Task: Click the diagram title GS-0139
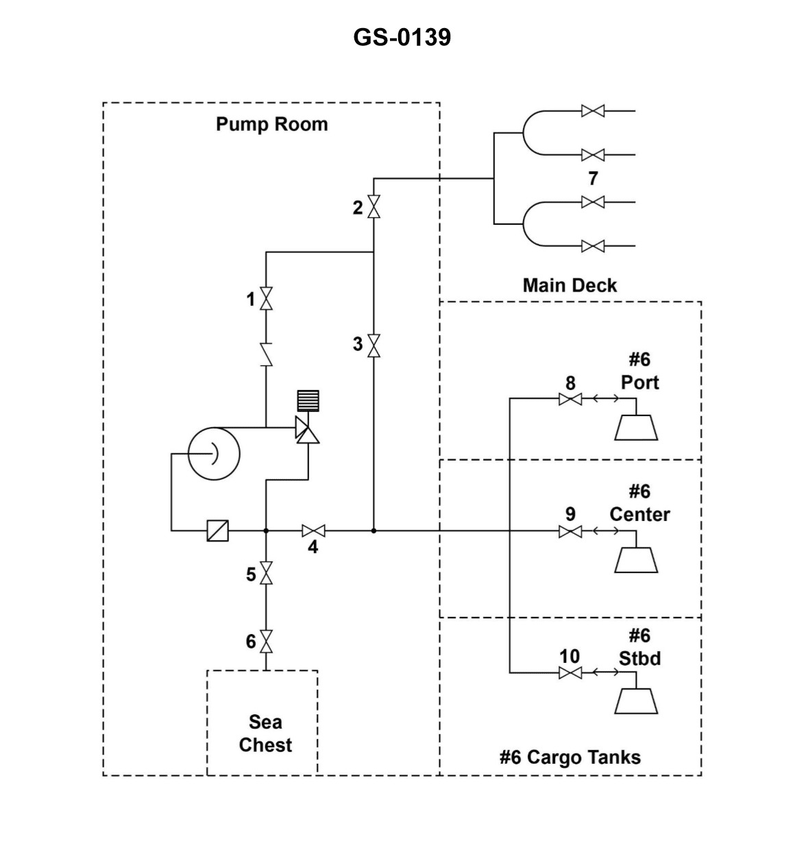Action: click(x=402, y=36)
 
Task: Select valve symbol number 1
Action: click(x=266, y=299)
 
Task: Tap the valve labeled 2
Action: click(x=374, y=207)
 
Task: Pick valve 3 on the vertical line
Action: click(x=374, y=345)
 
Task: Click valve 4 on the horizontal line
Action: click(x=313, y=531)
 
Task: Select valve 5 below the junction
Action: click(x=266, y=573)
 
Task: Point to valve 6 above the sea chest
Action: click(x=266, y=641)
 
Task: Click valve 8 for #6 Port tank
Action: click(x=570, y=399)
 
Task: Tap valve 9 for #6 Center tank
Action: click(x=570, y=531)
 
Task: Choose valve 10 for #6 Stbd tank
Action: click(x=570, y=673)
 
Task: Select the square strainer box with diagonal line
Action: click(x=218, y=531)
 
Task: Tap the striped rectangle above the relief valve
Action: click(x=308, y=400)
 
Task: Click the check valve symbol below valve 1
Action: click(x=266, y=354)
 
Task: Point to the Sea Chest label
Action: click(x=265, y=734)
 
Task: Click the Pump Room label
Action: click(x=271, y=124)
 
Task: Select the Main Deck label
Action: click(x=570, y=285)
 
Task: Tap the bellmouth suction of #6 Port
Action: click(x=636, y=427)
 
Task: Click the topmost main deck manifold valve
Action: click(x=592, y=110)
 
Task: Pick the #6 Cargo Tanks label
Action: click(x=570, y=758)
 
